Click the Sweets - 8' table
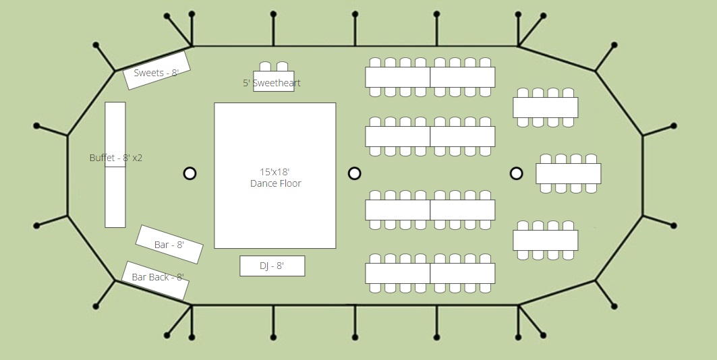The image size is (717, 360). pyautogui.click(x=157, y=70)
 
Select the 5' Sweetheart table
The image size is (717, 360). pyautogui.click(x=274, y=82)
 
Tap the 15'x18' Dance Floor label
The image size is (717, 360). pyautogui.click(x=276, y=178)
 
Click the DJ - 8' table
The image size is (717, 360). pyautogui.click(x=273, y=266)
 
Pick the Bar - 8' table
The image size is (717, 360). pyautogui.click(x=169, y=245)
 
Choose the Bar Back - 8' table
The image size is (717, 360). pyautogui.click(x=155, y=281)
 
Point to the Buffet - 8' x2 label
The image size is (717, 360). pyautogui.click(x=116, y=158)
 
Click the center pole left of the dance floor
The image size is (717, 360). pyautogui.click(x=190, y=174)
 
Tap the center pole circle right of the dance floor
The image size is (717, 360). pyautogui.click(x=354, y=174)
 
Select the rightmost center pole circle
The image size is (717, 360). pyautogui.click(x=516, y=174)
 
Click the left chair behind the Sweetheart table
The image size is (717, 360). pyautogui.click(x=265, y=67)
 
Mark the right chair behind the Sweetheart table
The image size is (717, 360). pyautogui.click(x=282, y=67)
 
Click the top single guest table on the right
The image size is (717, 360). pyautogui.click(x=546, y=108)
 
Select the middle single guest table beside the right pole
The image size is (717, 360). pyautogui.click(x=569, y=174)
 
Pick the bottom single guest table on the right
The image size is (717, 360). pyautogui.click(x=546, y=240)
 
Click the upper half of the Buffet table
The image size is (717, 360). pyautogui.click(x=115, y=134)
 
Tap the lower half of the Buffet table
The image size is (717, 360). pyautogui.click(x=115, y=198)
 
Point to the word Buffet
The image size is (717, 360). pyautogui.click(x=102, y=158)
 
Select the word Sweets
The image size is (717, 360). pyautogui.click(x=148, y=73)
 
